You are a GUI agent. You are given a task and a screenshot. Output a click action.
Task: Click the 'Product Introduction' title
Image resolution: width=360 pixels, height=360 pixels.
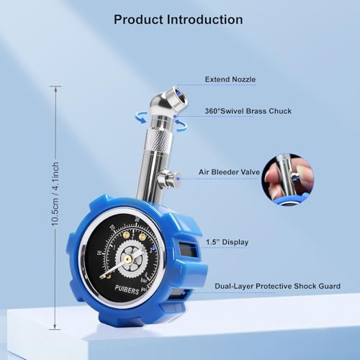click(x=179, y=19)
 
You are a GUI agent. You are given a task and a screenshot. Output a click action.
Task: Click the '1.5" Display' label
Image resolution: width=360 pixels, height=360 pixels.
click(x=228, y=242)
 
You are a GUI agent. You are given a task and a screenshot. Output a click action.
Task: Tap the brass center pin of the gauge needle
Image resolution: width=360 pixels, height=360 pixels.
click(x=127, y=258)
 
